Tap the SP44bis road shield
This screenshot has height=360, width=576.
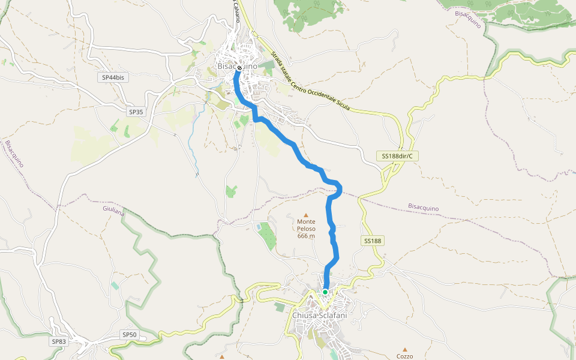(x=112, y=77)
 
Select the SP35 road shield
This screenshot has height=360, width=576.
(x=136, y=112)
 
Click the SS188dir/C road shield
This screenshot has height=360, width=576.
(x=398, y=156)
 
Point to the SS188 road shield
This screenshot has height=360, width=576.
(x=372, y=241)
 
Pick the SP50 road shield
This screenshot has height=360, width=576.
(x=129, y=334)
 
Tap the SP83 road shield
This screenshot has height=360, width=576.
(x=59, y=341)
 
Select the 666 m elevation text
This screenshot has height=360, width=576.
(x=306, y=236)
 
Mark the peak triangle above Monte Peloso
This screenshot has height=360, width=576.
(x=306, y=215)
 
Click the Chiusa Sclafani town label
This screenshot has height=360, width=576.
(x=320, y=315)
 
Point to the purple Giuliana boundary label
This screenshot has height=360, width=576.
(x=113, y=211)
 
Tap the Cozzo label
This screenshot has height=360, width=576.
(x=405, y=356)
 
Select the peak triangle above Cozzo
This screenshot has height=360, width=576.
(x=405, y=349)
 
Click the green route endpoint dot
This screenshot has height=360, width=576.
(x=325, y=292)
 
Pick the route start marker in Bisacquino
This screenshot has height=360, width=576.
(x=239, y=68)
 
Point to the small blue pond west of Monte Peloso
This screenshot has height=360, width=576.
(x=258, y=227)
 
